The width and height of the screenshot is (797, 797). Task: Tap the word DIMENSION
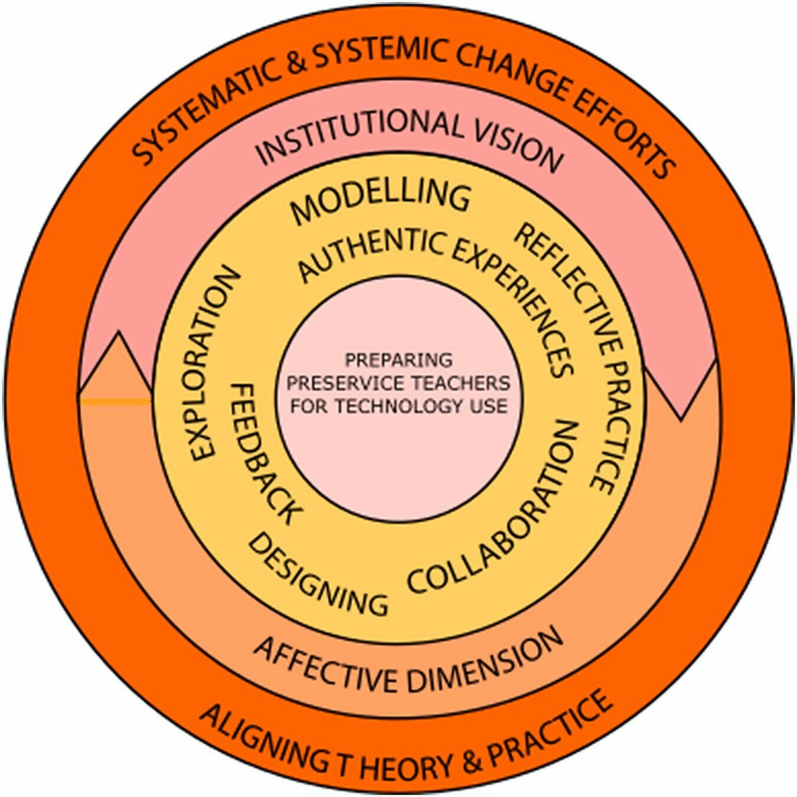pyautogui.click(x=484, y=661)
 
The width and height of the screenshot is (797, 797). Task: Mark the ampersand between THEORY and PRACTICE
pyautogui.click(x=472, y=762)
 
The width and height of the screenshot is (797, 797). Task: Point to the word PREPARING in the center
pyautogui.click(x=398, y=360)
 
